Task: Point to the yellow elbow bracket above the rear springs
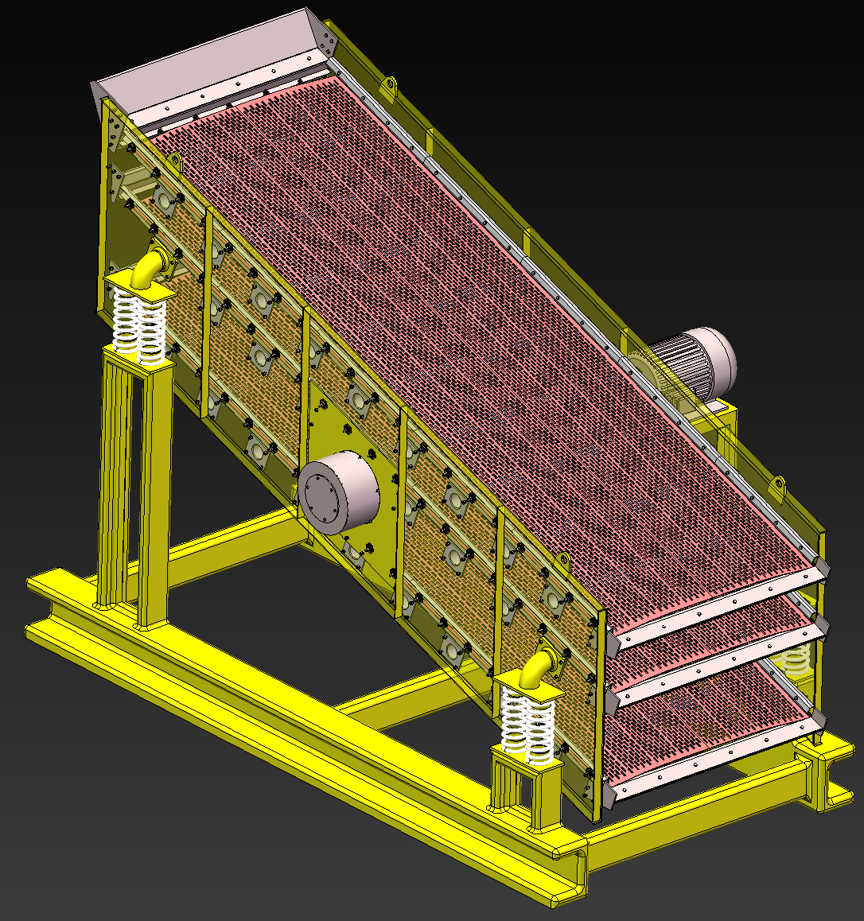click(148, 268)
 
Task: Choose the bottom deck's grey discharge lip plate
click(716, 764)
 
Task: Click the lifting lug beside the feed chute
click(390, 87)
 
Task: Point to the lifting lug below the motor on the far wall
click(777, 484)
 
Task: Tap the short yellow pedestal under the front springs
click(525, 787)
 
